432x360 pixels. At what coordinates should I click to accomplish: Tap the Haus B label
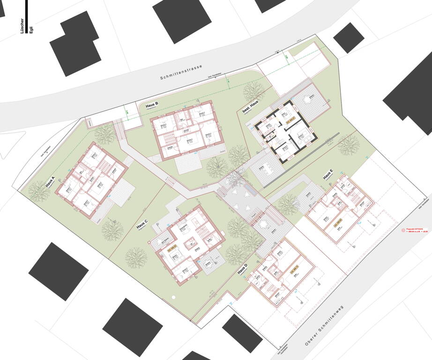coord(153,105)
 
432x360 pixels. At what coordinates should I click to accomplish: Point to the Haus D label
coord(242,269)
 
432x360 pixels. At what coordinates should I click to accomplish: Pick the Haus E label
coord(328,174)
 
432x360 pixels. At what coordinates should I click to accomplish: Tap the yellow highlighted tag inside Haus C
coord(172,250)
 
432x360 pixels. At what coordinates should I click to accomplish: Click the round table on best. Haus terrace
coord(308,99)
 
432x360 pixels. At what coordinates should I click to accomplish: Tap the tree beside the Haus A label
coord(39,190)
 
